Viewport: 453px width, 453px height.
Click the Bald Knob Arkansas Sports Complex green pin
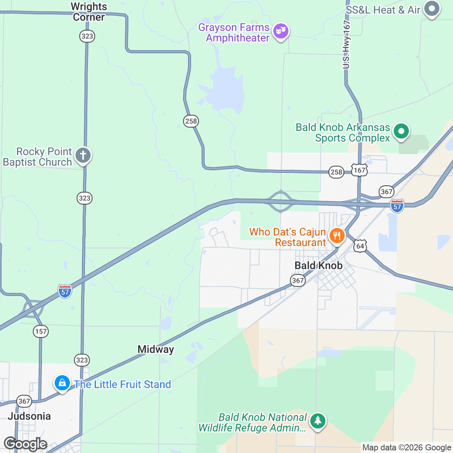click(x=401, y=132)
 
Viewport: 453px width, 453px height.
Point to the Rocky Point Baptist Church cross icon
click(x=83, y=155)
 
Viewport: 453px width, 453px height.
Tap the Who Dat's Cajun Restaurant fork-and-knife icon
click(x=336, y=236)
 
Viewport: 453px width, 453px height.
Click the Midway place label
click(x=156, y=350)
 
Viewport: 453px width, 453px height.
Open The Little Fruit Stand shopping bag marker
click(x=62, y=383)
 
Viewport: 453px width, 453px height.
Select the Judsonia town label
click(x=29, y=416)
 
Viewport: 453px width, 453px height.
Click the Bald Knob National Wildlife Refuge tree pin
click(x=318, y=421)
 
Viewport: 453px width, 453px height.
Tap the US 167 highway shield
click(x=359, y=170)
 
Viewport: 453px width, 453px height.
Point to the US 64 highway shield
click(x=360, y=247)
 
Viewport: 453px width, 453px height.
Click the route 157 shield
click(x=41, y=331)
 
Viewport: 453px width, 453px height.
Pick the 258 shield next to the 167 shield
click(x=336, y=172)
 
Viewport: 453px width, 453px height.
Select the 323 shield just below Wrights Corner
click(x=87, y=36)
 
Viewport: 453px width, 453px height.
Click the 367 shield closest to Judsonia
click(x=24, y=401)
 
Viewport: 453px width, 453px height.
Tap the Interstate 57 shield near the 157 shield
click(x=65, y=291)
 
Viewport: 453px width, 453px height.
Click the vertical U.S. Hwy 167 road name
click(x=347, y=45)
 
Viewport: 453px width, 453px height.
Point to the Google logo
click(x=26, y=444)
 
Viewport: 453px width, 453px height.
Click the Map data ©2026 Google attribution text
click(x=407, y=448)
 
